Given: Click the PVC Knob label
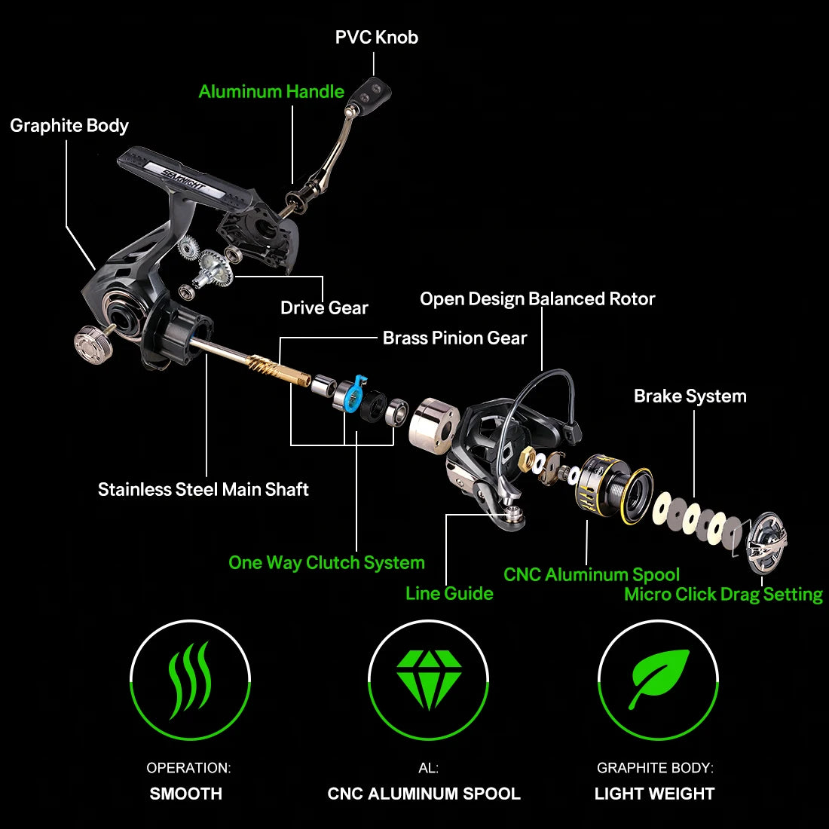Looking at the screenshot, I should [x=376, y=38].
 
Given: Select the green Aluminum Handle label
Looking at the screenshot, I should [x=271, y=92].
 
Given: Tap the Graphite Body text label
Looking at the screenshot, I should [x=69, y=126].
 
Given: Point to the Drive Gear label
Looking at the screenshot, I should [x=324, y=307].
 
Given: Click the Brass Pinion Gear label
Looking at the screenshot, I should [x=454, y=338].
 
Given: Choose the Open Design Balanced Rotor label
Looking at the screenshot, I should [x=537, y=299].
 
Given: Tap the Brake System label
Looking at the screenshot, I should [x=690, y=396].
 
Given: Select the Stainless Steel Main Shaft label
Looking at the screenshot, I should [x=203, y=490].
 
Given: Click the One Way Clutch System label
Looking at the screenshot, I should [x=326, y=563].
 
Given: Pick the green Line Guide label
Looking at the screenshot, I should [x=449, y=594].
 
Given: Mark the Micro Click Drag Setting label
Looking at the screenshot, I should [x=723, y=595].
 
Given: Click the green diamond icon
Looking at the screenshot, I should [x=429, y=679].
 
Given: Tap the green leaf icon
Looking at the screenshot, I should [x=659, y=678].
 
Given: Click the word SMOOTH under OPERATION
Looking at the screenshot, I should [x=186, y=794].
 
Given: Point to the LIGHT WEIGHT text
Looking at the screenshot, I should [x=654, y=794].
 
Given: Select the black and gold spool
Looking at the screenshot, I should [x=613, y=489].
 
